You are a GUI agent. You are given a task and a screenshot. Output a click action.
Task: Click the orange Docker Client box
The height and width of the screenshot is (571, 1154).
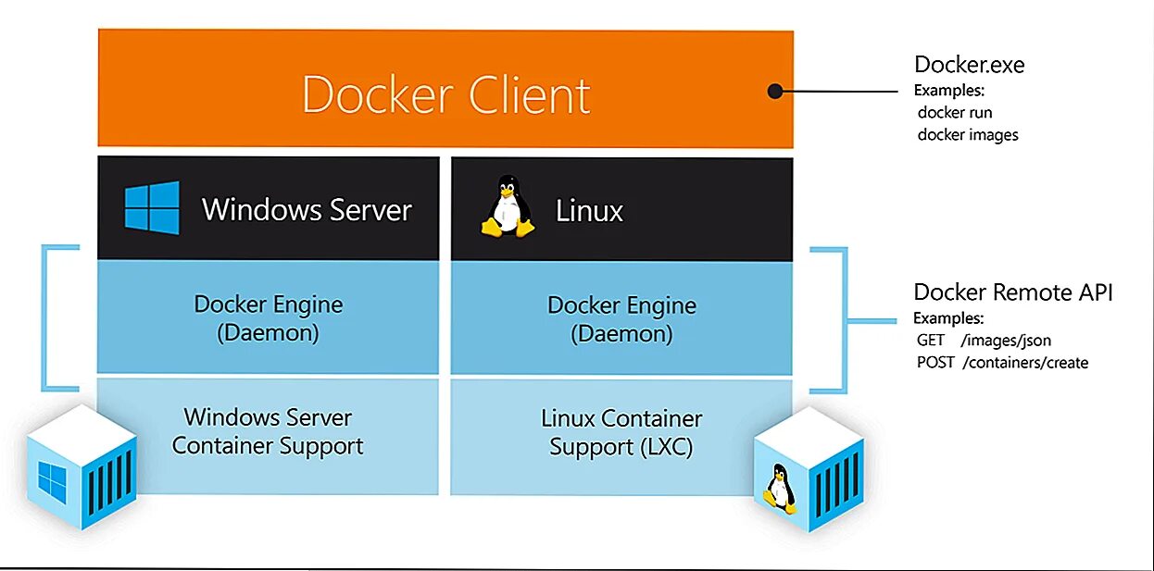tap(445, 89)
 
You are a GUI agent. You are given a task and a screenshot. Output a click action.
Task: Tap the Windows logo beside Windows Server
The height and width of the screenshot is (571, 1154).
tap(152, 207)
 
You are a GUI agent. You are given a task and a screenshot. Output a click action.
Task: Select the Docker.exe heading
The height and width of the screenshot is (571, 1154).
tap(969, 65)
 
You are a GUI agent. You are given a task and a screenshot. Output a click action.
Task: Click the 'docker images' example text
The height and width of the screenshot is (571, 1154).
tap(968, 135)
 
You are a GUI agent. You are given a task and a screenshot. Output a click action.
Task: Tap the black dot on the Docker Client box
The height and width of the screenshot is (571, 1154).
tap(775, 91)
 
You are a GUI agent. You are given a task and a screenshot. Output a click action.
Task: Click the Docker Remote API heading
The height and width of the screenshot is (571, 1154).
tap(1012, 292)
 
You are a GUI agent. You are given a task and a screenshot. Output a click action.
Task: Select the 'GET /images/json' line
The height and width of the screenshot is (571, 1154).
tap(984, 341)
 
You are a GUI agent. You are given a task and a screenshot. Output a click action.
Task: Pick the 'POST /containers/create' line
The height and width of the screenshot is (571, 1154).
tap(1002, 363)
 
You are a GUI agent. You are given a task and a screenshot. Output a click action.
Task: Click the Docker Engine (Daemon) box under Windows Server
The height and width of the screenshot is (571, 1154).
tap(268, 317)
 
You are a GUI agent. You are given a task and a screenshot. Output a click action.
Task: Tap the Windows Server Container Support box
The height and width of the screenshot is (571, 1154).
tap(268, 432)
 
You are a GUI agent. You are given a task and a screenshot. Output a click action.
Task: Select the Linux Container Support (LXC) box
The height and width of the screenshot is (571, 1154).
tap(621, 432)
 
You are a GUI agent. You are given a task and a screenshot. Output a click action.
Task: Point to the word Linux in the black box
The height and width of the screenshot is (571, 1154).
tap(589, 211)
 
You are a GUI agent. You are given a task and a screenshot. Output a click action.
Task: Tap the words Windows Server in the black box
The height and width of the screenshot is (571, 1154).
tap(307, 209)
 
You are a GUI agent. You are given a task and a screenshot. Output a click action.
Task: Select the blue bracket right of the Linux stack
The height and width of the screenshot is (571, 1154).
tap(843, 319)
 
